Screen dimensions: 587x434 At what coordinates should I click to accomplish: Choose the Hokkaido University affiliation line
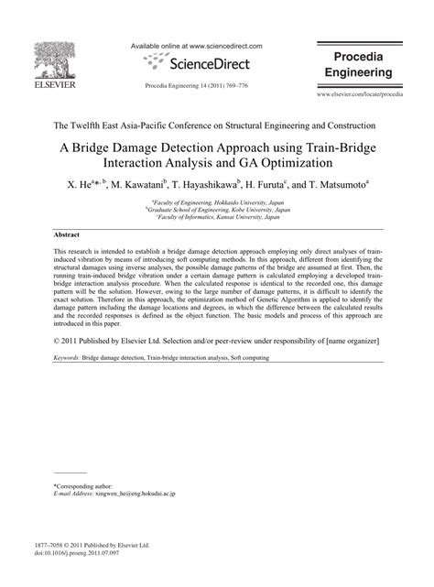coord(217,201)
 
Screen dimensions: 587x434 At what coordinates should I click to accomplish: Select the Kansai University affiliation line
coord(217,218)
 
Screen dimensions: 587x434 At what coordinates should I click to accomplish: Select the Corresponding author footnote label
coord(83,485)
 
